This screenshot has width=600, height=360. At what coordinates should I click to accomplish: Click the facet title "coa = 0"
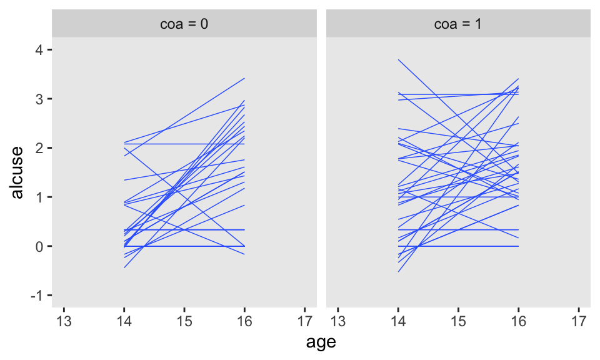point(184,25)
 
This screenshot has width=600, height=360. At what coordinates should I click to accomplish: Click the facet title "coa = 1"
point(458,25)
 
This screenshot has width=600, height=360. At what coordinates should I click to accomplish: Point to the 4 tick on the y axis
point(39,50)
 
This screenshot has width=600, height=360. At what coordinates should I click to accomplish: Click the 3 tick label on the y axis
point(39,99)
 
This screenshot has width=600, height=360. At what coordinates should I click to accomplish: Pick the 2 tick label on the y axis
point(39,148)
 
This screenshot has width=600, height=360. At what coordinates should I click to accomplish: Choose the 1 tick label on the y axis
point(39,197)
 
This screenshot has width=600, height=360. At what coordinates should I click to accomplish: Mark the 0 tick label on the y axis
point(39,246)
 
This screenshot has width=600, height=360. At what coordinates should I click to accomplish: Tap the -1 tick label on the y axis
point(37,296)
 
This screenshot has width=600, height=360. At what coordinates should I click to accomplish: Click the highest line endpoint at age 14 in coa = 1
point(399,60)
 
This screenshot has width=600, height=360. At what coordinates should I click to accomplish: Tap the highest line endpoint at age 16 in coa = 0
point(244,79)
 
